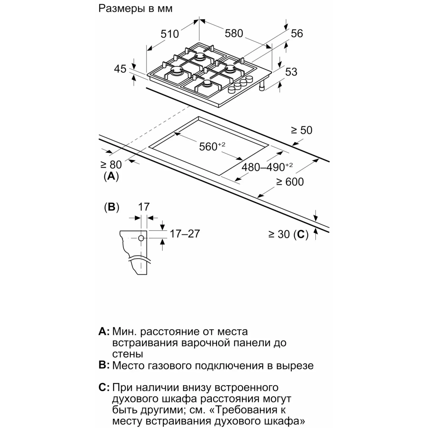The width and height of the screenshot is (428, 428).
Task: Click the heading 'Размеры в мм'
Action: pyautogui.click(x=136, y=9)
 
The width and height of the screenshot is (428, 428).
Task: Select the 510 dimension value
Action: pyautogui.click(x=169, y=34)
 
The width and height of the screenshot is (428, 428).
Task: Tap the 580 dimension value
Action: pyautogui.click(x=234, y=33)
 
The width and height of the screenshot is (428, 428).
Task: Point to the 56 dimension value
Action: pyautogui.click(x=297, y=33)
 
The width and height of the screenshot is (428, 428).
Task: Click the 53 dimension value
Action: pyautogui.click(x=291, y=72)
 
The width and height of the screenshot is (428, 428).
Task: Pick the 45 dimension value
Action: pyautogui.click(x=120, y=68)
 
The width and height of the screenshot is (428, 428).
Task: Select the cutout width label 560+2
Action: pyautogui.click(x=212, y=146)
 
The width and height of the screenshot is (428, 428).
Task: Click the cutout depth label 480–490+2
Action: pyautogui.click(x=267, y=167)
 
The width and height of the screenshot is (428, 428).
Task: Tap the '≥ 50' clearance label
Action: pyautogui.click(x=301, y=131)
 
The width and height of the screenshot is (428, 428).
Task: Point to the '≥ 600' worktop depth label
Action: pyautogui.click(x=290, y=182)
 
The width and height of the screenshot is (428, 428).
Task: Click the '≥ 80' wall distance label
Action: pyautogui.click(x=111, y=164)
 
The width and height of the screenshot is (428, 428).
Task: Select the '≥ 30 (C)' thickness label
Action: pyautogui.click(x=288, y=234)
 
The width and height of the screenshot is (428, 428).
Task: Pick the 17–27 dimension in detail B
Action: pyautogui.click(x=185, y=234)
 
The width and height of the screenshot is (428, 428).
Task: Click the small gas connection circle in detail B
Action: pyautogui.click(x=141, y=238)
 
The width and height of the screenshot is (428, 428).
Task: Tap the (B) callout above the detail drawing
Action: pyautogui.click(x=111, y=207)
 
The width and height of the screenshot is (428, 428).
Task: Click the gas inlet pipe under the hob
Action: pyautogui.click(x=263, y=86)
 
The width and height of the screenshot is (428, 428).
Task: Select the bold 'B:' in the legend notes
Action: pyautogui.click(x=104, y=366)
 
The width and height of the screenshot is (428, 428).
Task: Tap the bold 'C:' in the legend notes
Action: pyautogui.click(x=104, y=388)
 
